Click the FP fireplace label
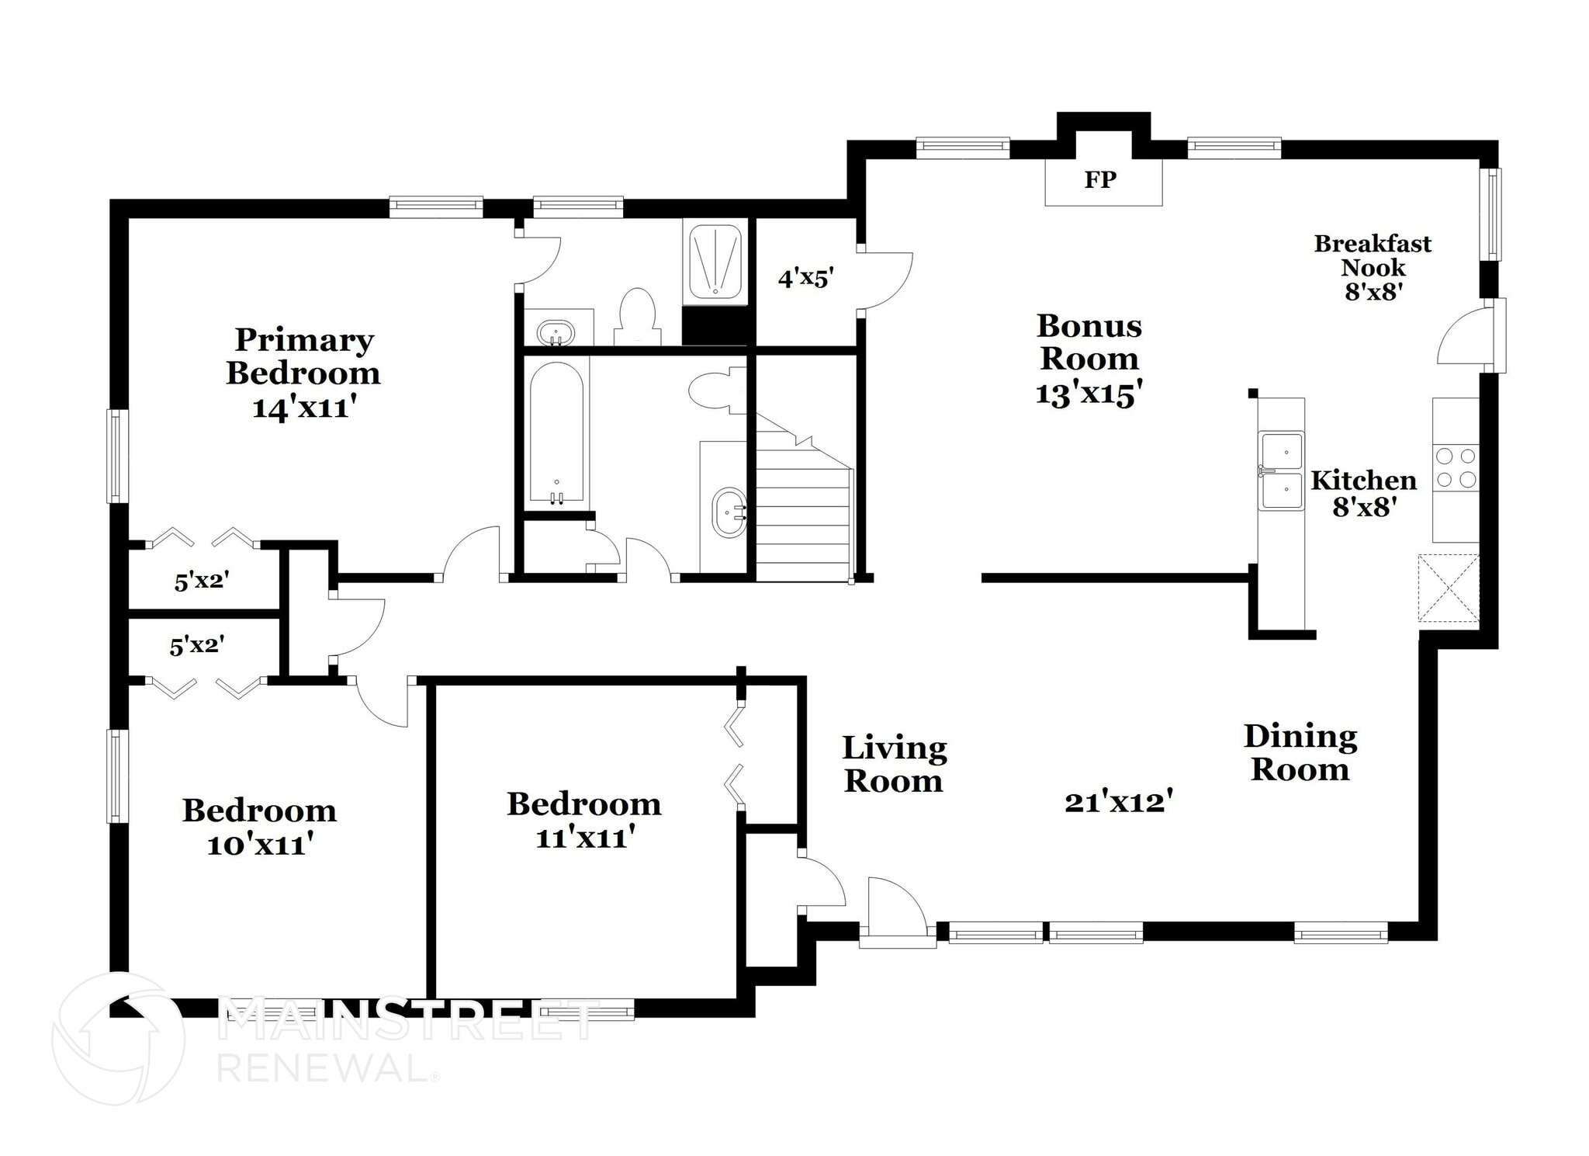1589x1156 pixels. tap(1100, 180)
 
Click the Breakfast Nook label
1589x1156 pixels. tap(1373, 255)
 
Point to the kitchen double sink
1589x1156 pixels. tap(1281, 470)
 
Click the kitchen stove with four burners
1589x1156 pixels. tap(1456, 468)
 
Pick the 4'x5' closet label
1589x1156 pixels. tap(805, 277)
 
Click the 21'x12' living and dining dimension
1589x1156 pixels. tap(1117, 801)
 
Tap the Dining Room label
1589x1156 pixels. tap(1300, 752)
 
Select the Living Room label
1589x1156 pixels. tap(894, 764)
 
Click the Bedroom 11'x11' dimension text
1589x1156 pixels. tap(585, 838)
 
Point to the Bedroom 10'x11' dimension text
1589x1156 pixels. tap(259, 845)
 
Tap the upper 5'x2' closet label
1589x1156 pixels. tap(202, 580)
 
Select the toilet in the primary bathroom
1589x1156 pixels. tap(638, 318)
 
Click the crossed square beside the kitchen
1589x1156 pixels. tap(1448, 588)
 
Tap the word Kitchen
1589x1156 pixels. tap(1363, 481)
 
